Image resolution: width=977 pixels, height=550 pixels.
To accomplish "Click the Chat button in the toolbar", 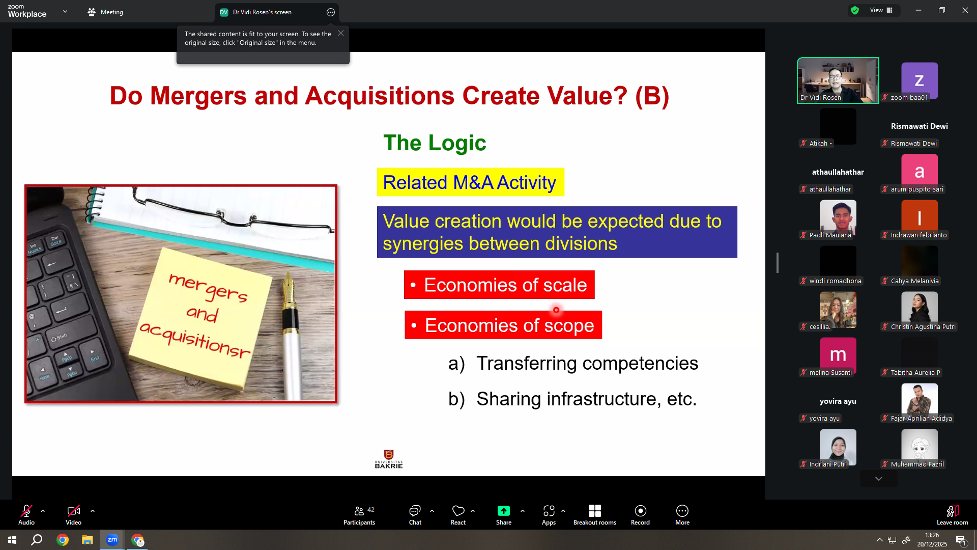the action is coord(415,514).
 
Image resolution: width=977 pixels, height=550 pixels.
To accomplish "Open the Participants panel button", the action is coord(359,514).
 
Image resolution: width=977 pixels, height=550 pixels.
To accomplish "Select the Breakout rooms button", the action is coord(594,514).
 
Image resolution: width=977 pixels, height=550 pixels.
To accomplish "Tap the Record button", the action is coord(640,514).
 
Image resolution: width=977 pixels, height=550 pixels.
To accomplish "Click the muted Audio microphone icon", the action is coord(26,511).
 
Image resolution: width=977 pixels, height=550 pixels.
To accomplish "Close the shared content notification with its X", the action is coord(341,33).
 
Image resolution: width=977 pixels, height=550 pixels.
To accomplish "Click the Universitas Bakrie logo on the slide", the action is coord(389,459).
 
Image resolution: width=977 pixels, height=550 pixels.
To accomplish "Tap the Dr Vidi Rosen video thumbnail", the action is coord(838,80).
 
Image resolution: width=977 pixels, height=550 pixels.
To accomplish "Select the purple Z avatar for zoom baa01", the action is coord(919,80).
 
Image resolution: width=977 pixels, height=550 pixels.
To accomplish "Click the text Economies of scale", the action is coord(505,285).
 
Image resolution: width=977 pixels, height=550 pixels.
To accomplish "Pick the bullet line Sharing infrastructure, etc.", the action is coord(572,399).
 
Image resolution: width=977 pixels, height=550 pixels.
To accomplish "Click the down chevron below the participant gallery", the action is coord(879,479).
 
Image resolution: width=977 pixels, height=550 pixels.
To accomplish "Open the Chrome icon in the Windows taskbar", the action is coord(63,540).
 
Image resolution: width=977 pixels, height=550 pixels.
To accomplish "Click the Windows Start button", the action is coord(12,540).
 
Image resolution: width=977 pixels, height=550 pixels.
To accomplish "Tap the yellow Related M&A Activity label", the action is coord(470,182).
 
